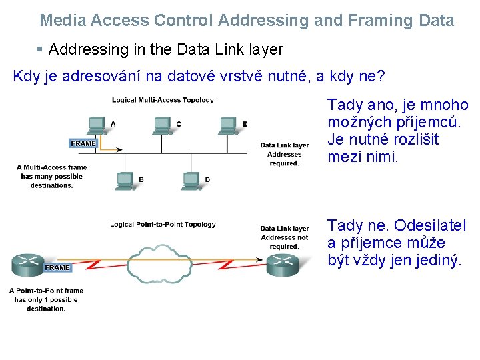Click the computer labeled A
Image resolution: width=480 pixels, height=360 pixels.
coord(96,124)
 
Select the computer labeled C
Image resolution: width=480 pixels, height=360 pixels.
coord(162,124)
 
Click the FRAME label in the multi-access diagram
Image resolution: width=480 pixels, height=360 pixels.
coord(83,143)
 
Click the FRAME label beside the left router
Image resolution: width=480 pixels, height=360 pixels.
coord(57,267)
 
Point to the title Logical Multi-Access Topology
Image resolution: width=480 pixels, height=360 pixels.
coord(163,100)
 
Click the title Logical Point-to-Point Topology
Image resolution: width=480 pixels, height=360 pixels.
coord(163,224)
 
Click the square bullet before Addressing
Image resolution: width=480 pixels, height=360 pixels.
coord(40,49)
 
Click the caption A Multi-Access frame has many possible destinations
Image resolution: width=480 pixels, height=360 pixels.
coord(51,177)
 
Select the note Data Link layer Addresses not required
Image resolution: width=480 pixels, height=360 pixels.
coord(285,237)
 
